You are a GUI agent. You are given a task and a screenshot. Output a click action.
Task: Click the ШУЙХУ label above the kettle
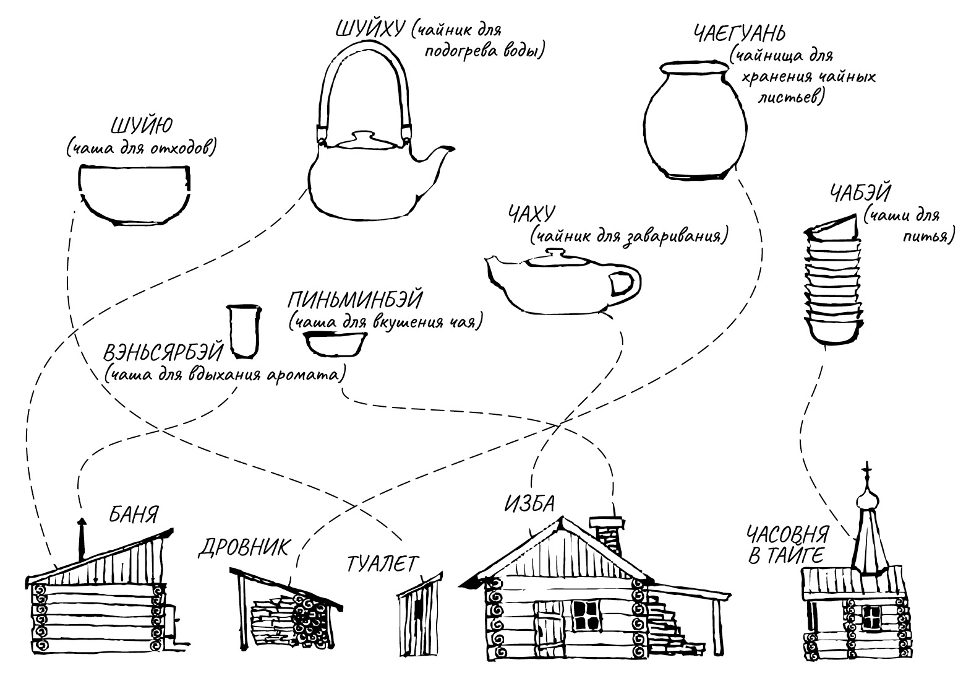coord(369,29)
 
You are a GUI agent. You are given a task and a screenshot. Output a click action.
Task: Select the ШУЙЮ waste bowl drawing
coord(135,194)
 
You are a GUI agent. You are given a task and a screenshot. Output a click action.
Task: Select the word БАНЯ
coord(134,515)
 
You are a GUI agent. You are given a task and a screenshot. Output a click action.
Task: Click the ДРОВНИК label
coord(244,547)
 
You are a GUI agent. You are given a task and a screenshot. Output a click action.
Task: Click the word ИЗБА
coord(529,503)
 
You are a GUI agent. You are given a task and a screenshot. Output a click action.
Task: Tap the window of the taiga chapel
coord(871,616)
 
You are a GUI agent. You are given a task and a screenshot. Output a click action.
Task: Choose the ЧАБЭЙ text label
coord(860,194)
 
